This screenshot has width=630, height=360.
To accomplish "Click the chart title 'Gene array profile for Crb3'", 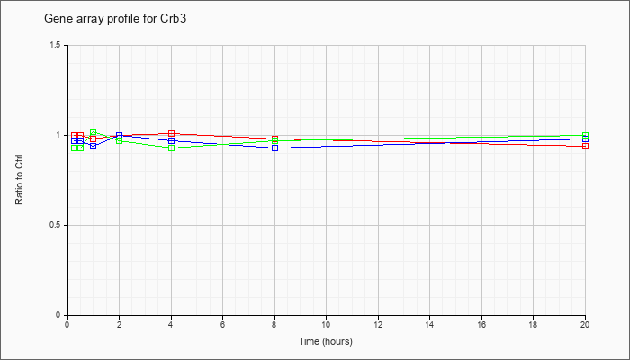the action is pos(115,19).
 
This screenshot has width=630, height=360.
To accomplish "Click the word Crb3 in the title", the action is pos(175,18).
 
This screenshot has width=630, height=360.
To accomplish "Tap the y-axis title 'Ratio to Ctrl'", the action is pos(19,179).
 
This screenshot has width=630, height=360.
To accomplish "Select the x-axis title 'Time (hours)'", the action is pos(326,341).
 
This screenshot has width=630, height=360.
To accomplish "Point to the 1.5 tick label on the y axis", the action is pos(55,45).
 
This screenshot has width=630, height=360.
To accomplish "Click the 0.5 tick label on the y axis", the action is pos(55,225).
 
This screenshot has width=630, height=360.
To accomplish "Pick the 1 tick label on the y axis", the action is pos(58,135).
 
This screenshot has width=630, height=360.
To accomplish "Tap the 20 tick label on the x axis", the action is pos(585,323).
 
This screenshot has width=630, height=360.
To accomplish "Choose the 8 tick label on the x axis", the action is pos(274,323).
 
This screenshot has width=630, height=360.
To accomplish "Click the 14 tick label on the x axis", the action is pos(430,323).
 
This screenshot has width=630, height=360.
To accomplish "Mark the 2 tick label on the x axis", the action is pos(120,323).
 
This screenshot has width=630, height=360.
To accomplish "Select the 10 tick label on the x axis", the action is pos(326,323).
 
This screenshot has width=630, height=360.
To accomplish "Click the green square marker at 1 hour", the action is pos(94,131).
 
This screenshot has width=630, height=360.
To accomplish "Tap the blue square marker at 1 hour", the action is pos(94,146).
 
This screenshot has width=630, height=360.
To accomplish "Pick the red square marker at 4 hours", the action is pos(172,133).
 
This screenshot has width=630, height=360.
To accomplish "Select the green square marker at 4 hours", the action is pos(172,148).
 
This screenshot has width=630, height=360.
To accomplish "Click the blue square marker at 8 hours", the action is pos(274,148).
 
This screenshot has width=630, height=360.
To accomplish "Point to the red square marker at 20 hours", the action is pos(585,146).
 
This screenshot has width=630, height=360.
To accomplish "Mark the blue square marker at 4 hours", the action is pos(172,140).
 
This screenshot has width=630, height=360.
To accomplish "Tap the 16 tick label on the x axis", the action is pos(481,323).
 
